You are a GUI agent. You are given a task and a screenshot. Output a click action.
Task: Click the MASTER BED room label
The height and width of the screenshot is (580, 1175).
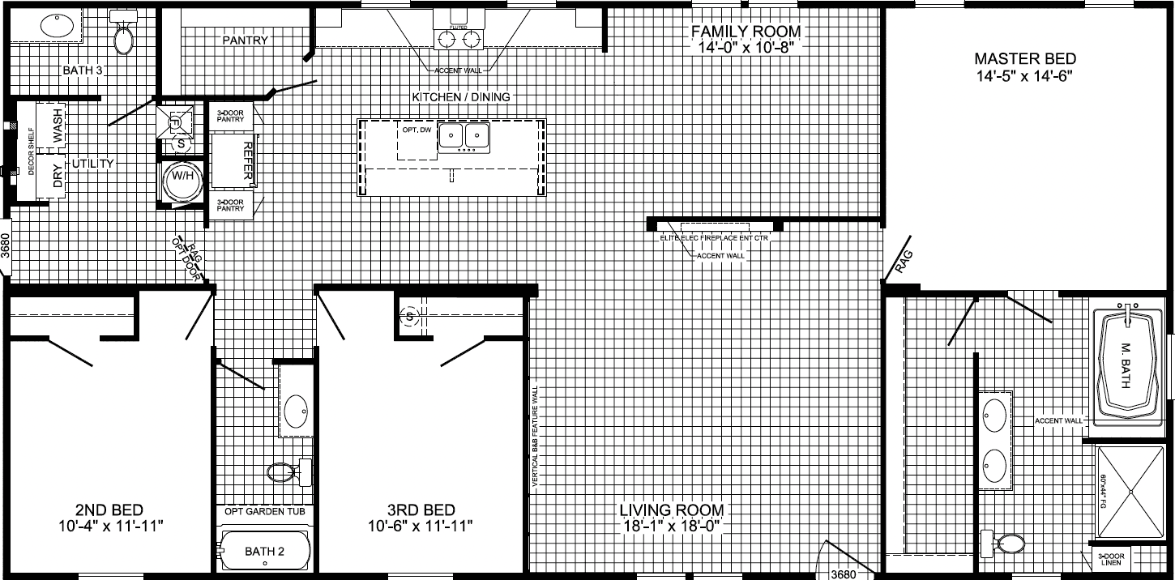1025,58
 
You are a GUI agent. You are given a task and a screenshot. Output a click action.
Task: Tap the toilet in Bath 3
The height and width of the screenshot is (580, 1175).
124,36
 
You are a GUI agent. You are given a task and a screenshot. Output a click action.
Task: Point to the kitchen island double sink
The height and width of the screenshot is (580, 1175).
464,135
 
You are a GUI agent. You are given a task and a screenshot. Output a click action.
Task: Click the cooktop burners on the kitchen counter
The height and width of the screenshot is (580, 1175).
455,37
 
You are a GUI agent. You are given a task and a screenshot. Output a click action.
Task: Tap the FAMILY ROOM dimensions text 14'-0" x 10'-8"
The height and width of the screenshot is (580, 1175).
745,47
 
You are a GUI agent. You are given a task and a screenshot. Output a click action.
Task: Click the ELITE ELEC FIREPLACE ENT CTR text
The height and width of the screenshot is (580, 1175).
713,239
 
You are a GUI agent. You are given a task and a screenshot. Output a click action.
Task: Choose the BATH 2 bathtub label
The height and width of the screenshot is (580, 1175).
264,552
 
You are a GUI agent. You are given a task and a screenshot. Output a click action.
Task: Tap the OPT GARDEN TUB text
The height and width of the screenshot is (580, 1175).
264,511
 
